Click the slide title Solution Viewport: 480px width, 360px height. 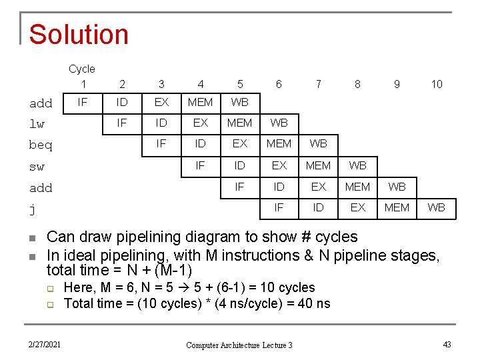(79, 34)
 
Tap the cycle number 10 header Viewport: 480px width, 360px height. (436, 84)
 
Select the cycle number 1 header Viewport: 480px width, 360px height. (83, 84)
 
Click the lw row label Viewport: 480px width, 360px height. (37, 124)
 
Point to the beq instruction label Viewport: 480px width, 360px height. (41, 145)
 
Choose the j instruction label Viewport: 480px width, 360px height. (32, 209)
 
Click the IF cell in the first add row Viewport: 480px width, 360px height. (83, 102)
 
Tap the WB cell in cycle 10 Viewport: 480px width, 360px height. (436, 207)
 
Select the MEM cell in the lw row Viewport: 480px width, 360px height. (239, 123)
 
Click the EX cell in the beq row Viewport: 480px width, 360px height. (239, 143)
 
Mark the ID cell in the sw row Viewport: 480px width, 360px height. (239, 165)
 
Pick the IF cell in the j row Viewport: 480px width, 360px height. (279, 207)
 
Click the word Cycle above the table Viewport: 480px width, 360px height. (82, 69)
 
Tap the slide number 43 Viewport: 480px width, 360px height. (447, 344)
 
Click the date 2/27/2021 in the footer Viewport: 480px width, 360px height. (45, 344)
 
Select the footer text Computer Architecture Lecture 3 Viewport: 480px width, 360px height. (239, 345)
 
